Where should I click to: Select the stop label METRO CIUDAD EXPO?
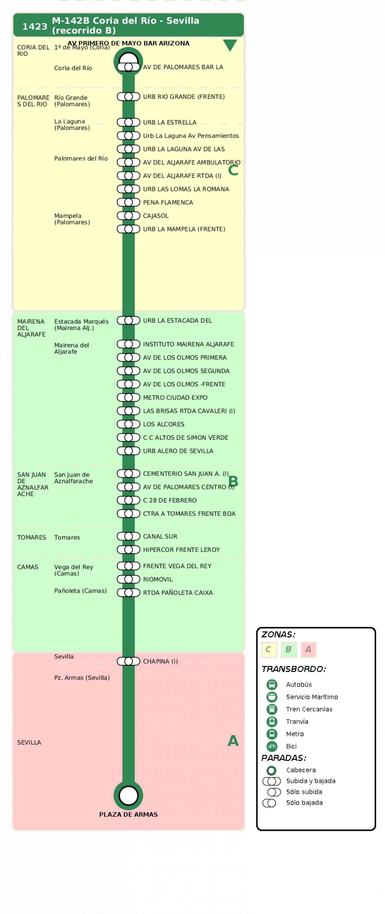coord(175,397)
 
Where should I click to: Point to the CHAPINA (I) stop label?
coord(160,661)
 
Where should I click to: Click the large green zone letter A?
coord(233,741)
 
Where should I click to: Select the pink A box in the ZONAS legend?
coord(308,650)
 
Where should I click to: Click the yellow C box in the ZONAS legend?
coord(269,650)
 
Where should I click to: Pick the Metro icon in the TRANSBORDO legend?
coord(272,734)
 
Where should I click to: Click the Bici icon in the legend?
coord(272,746)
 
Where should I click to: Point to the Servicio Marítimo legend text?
coord(312,697)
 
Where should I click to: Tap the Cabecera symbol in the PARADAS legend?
coord(271,770)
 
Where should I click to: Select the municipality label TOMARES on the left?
coord(32,537)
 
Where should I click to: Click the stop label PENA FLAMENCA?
coord(168,202)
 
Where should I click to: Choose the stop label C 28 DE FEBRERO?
coord(170,500)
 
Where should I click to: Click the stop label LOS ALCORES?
coord(163,424)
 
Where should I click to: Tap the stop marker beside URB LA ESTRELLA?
coord(129,122)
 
